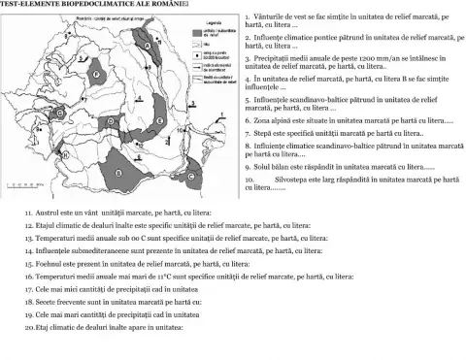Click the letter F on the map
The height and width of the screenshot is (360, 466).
tap(97, 74)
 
